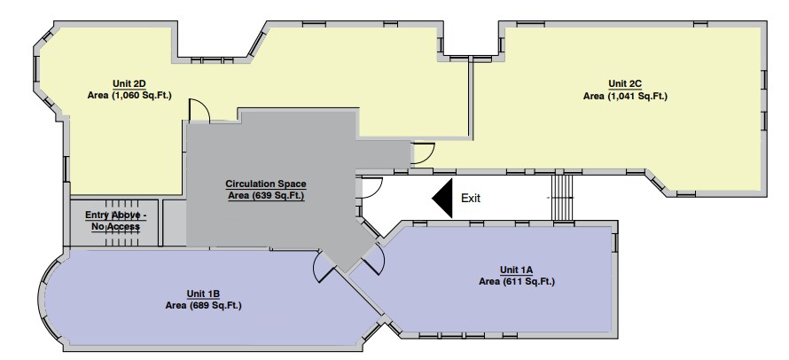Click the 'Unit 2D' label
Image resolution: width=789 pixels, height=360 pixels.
(129, 83)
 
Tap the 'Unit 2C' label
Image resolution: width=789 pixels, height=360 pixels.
(625, 83)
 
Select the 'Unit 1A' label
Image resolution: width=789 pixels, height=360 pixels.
(516, 270)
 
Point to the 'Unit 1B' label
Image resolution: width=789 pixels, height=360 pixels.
(203, 294)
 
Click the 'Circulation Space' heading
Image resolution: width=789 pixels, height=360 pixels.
(266, 184)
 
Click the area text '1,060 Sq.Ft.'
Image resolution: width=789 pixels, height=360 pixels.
(142, 95)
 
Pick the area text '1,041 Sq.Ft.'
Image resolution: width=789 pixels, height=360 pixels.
(637, 96)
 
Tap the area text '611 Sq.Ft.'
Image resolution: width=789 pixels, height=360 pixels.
(529, 281)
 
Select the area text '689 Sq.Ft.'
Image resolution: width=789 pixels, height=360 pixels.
(215, 306)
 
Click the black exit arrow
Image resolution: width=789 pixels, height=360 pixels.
(442, 198)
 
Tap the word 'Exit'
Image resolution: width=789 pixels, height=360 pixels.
(471, 199)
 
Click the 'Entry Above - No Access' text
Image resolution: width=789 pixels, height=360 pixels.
(116, 221)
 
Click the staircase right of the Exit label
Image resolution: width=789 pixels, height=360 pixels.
(563, 198)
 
